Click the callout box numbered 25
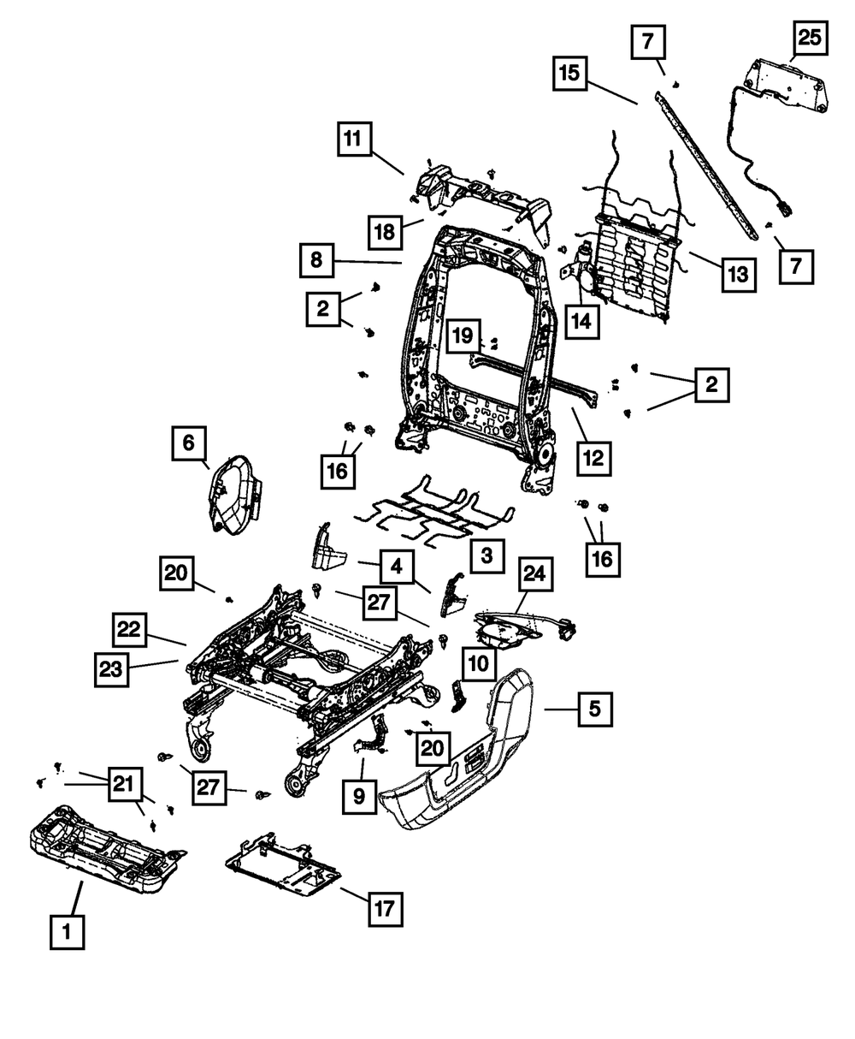811,38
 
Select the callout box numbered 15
569,74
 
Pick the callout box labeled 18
386,232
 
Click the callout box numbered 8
316,260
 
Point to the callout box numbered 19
463,335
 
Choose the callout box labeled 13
739,275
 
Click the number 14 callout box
581,322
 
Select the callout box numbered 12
594,458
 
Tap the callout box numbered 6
189,442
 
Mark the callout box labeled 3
487,555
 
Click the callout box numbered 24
535,574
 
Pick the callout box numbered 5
595,709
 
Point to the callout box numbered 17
386,910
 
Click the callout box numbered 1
67,931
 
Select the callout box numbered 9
359,797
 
